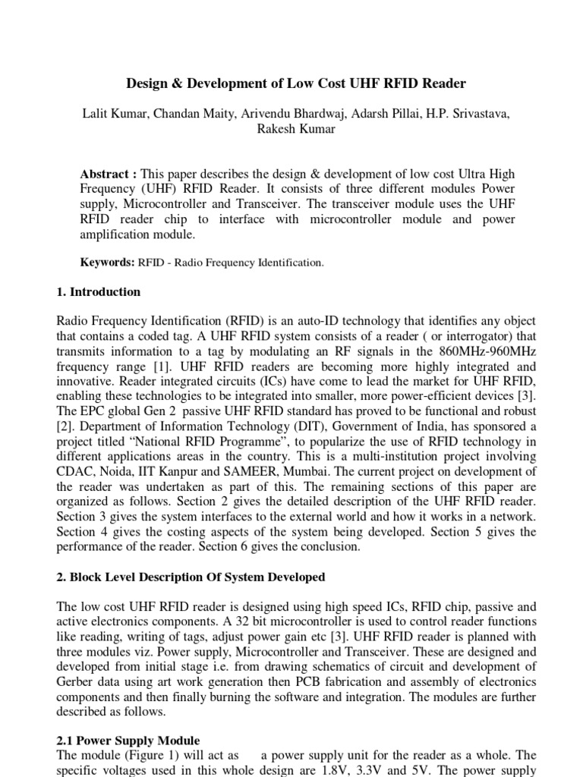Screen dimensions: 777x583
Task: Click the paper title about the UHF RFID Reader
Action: (291, 83)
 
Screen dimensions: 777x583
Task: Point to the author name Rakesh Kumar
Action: (291, 128)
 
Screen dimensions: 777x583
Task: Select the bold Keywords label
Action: (107, 263)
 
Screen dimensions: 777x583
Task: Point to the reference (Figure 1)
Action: (147, 755)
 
